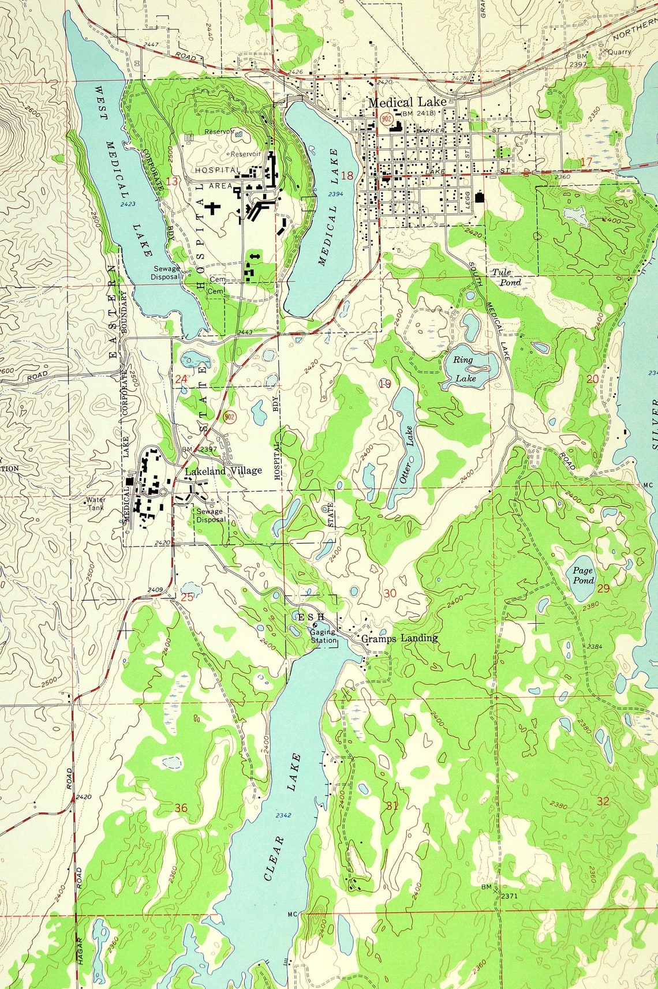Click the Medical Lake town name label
[x=407, y=102]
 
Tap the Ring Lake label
[x=463, y=369]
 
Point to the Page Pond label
[x=582, y=575]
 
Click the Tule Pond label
[x=506, y=277]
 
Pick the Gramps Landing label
[x=399, y=638]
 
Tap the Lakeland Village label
[x=223, y=471]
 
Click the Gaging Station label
[x=323, y=636]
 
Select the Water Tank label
[x=96, y=504]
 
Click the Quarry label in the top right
[x=619, y=51]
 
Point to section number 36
[x=181, y=808]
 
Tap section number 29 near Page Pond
[x=603, y=589]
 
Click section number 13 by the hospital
[x=171, y=181]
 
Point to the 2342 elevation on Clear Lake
[x=283, y=815]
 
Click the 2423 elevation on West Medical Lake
[x=128, y=204]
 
